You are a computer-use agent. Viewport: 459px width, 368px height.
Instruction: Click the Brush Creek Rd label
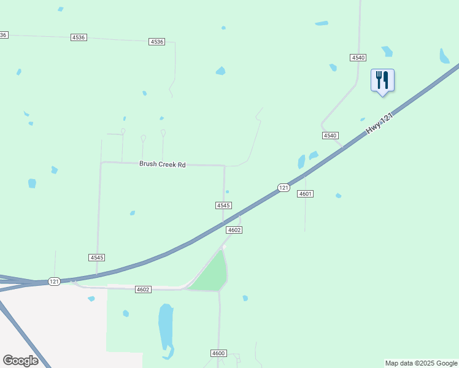coord(162,164)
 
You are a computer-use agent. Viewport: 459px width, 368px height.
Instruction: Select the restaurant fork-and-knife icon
coord(382,80)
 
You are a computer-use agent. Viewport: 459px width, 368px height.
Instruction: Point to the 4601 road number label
coord(306,194)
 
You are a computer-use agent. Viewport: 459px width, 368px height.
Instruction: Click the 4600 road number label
coord(218,353)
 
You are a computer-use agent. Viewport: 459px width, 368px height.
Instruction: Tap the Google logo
coord(20,361)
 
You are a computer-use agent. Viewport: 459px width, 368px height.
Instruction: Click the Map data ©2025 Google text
coord(422,363)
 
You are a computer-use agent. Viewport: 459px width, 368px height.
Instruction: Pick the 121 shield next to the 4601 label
coord(283,188)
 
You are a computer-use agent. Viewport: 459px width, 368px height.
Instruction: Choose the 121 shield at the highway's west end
coord(55,282)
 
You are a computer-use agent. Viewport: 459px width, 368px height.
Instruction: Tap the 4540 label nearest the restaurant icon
coord(358,57)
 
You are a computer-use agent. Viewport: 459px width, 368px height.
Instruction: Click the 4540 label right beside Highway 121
coord(330,135)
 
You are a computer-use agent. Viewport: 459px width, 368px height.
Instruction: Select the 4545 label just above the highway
coord(223,205)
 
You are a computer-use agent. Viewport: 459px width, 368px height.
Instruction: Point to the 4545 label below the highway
coord(96,258)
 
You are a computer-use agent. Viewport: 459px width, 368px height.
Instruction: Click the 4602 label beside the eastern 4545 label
coord(234,230)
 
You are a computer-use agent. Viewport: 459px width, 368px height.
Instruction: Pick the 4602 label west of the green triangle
coord(143,289)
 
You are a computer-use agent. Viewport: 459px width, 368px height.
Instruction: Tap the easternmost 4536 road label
coord(156,42)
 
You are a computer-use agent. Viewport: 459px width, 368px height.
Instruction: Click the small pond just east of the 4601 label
coord(338,196)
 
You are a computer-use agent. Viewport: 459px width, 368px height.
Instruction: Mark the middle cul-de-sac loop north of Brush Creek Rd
coord(143,138)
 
